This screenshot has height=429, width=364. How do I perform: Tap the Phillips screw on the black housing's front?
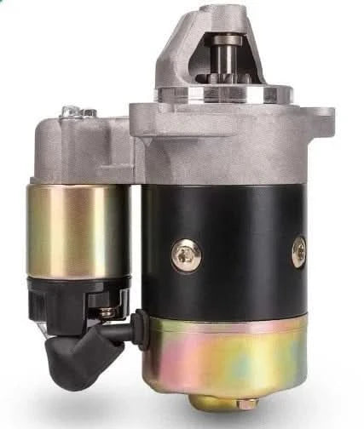point(186,255)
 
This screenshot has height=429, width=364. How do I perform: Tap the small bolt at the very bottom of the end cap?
point(246,403)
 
